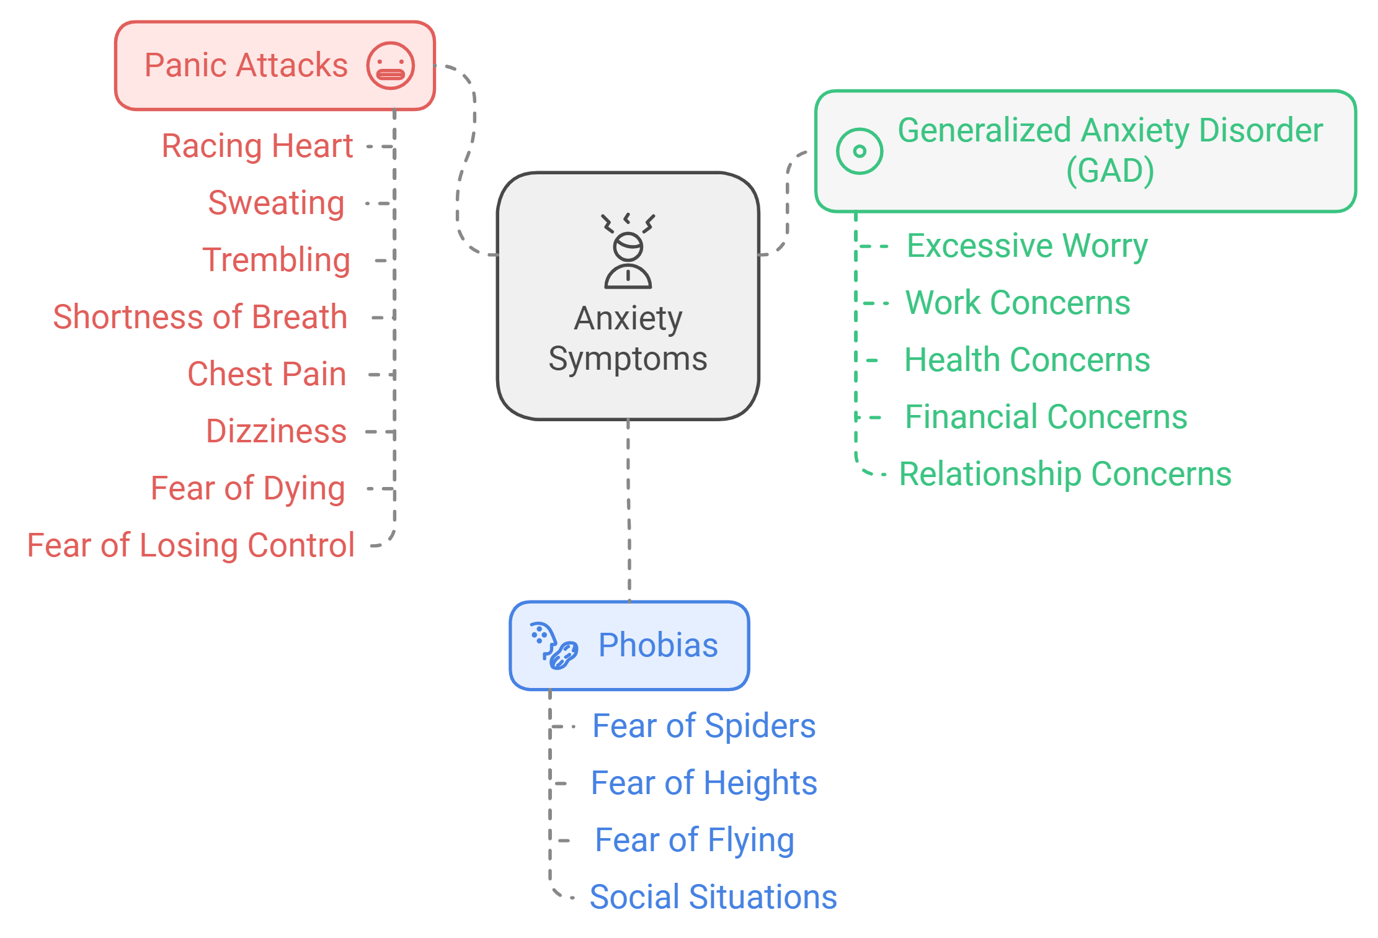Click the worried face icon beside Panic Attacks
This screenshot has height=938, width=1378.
tap(390, 66)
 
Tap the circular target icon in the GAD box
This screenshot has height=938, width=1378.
tap(859, 151)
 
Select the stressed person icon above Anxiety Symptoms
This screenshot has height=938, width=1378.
tap(628, 251)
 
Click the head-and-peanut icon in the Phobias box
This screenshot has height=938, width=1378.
tap(554, 646)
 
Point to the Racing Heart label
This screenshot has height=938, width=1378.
tap(257, 146)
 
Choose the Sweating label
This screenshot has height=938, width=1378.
tap(276, 203)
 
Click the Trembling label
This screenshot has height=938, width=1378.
tap(276, 260)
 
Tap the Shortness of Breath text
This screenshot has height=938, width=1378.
tap(200, 317)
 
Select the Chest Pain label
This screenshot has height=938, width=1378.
tap(267, 374)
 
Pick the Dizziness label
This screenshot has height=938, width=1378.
tap(276, 431)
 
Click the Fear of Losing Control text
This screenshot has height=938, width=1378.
tap(190, 545)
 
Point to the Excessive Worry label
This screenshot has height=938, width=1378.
tap(1027, 246)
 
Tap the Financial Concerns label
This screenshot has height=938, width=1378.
tap(1046, 417)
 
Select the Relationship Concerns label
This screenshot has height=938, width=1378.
tap(1065, 474)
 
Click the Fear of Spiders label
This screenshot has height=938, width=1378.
tap(704, 726)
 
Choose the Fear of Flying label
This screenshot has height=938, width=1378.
tap(695, 840)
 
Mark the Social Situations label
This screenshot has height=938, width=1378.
tap(713, 897)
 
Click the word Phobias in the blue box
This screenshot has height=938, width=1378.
tap(658, 645)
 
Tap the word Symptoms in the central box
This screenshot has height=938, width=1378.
tap(628, 359)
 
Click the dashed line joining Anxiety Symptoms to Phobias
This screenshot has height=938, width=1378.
tap(629, 509)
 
